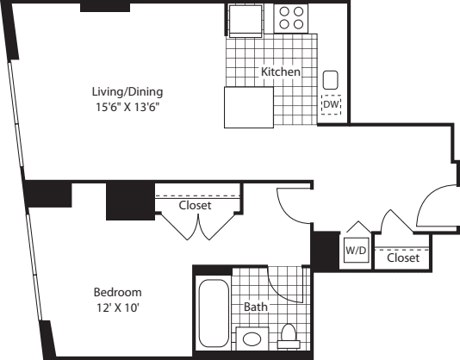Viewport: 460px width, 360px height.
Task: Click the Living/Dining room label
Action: pos(128,90)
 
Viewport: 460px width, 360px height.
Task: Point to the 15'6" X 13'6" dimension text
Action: pos(128,106)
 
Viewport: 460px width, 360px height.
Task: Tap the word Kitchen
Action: pos(281,72)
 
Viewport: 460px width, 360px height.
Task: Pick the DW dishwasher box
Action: pos(331,105)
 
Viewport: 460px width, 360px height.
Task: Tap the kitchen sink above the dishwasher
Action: pos(331,80)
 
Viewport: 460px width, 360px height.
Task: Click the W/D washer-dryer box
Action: pos(356,251)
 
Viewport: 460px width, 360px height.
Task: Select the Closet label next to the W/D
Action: pos(403,258)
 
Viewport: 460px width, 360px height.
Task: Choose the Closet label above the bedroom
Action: pos(195,206)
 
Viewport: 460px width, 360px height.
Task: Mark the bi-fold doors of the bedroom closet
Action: pos(198,227)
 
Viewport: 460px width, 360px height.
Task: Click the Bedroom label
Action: pos(118,292)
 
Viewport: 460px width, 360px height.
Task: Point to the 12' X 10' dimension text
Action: pos(118,307)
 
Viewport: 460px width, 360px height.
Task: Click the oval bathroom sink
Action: pos(250,339)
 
